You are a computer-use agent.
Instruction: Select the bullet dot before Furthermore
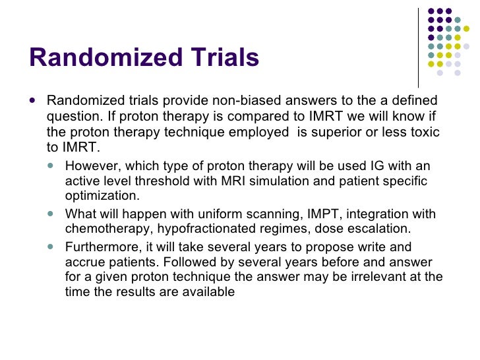(x=53, y=247)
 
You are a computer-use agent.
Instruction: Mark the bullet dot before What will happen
(x=53, y=214)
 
